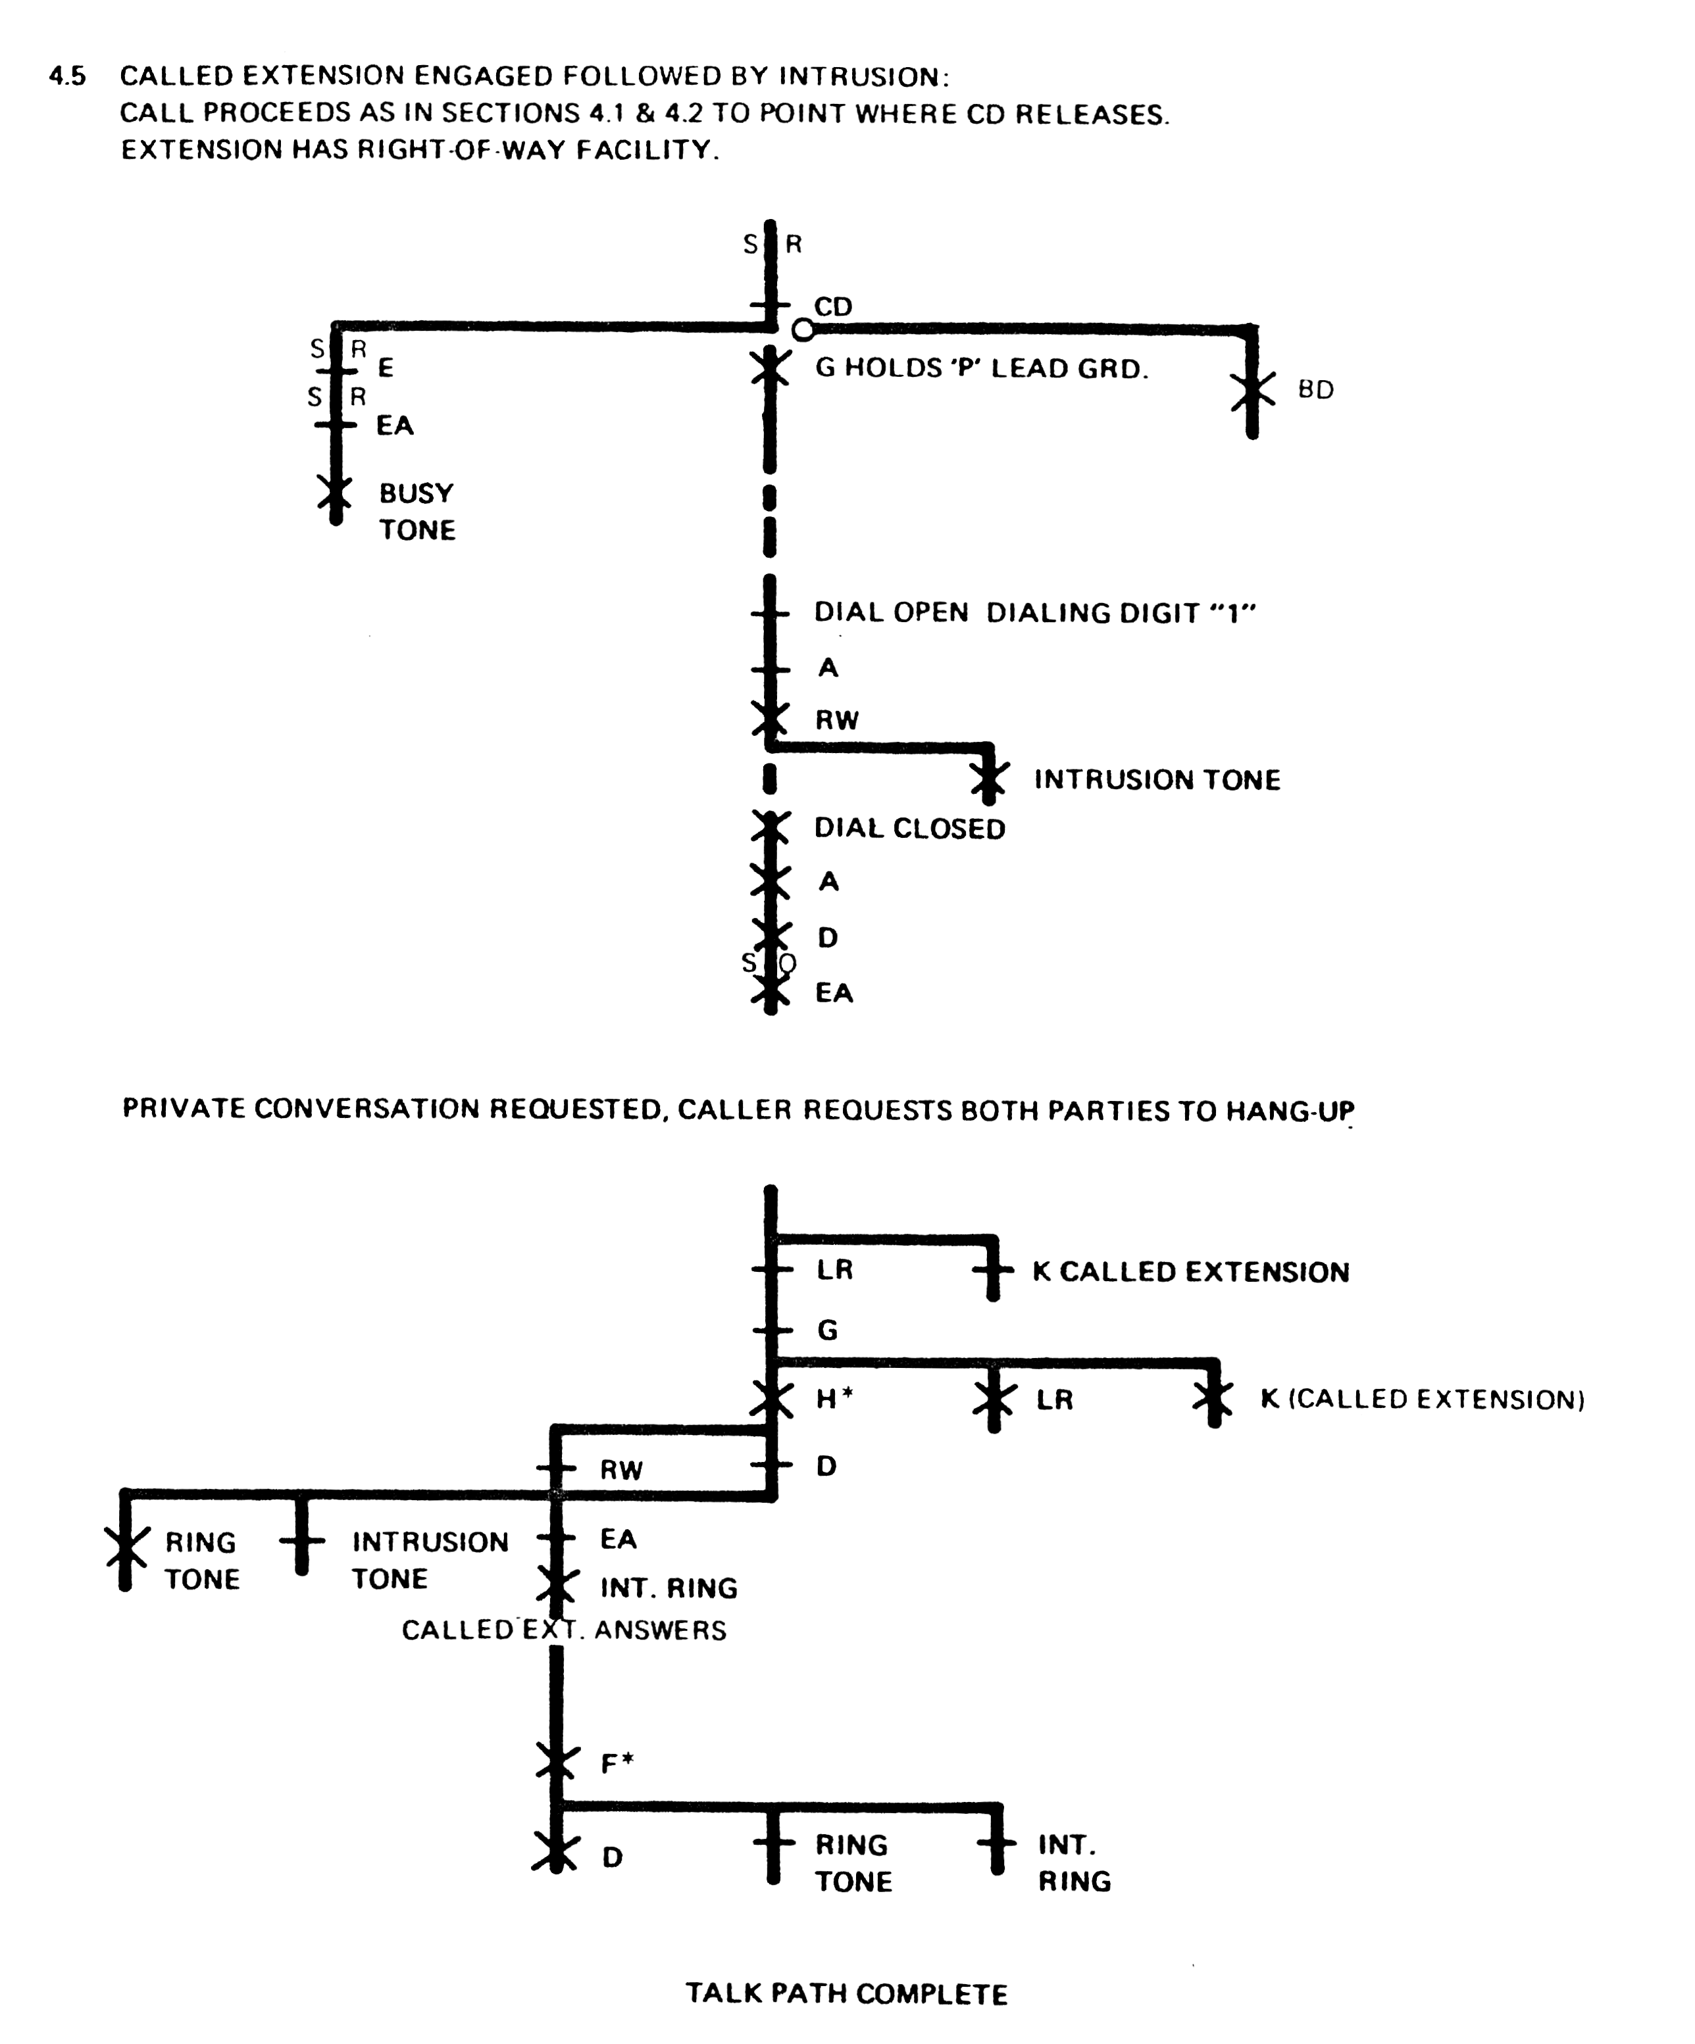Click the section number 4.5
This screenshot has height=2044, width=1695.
tap(67, 76)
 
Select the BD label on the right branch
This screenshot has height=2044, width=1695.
tap(1315, 389)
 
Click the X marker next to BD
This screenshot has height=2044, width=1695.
tap(1252, 390)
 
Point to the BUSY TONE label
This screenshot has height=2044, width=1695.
tap(417, 511)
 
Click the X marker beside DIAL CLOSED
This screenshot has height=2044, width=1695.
tap(770, 828)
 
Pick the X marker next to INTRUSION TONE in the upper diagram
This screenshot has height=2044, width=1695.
tap(989, 779)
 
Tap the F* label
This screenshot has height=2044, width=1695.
tap(617, 1763)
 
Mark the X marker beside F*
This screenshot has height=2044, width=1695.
tap(556, 1762)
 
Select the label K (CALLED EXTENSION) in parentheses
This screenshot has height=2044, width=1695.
tap(1423, 1399)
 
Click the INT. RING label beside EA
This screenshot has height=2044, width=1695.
tap(669, 1588)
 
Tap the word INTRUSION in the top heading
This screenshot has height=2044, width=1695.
tap(859, 76)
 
